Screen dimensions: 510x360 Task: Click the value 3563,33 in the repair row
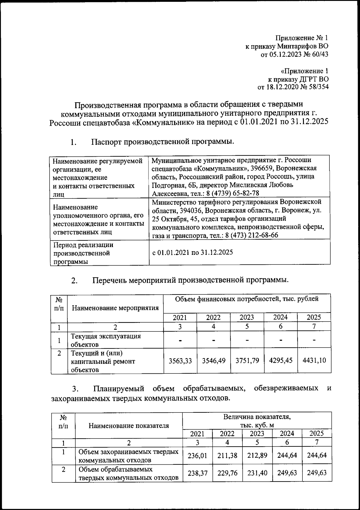[180, 361]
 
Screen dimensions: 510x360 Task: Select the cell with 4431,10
[314, 361]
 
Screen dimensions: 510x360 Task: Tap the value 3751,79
[247, 361]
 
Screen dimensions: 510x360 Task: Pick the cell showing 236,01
[197, 455]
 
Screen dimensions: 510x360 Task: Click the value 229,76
[227, 473]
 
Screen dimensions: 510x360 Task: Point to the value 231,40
[257, 473]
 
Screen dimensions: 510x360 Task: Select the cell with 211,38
[227, 455]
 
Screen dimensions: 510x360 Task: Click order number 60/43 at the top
[319, 54]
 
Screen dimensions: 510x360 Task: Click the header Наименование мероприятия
[115, 308]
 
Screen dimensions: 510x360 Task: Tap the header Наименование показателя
[129, 425]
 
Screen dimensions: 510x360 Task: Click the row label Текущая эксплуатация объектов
[106, 340]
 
